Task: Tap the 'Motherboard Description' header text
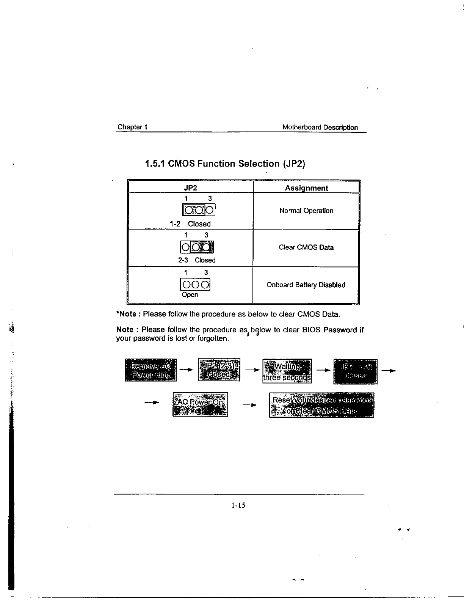point(320,127)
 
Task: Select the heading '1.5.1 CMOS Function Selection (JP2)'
point(225,164)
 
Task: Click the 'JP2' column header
point(190,188)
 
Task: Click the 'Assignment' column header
point(306,188)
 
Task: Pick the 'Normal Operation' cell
point(306,211)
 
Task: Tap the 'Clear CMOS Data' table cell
point(306,247)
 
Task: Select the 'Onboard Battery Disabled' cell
point(306,285)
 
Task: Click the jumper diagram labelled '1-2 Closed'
point(199,209)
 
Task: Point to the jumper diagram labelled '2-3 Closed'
point(197,247)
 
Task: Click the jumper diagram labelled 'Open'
point(195,285)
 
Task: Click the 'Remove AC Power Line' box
point(151,370)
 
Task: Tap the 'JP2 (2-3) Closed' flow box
point(219,370)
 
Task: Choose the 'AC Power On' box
point(200,404)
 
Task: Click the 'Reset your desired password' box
point(321,405)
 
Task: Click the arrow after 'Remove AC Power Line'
point(185,370)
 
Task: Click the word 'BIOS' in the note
point(311,330)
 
